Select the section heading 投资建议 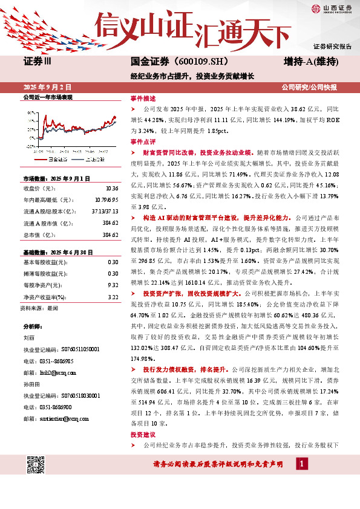click(143, 435)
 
